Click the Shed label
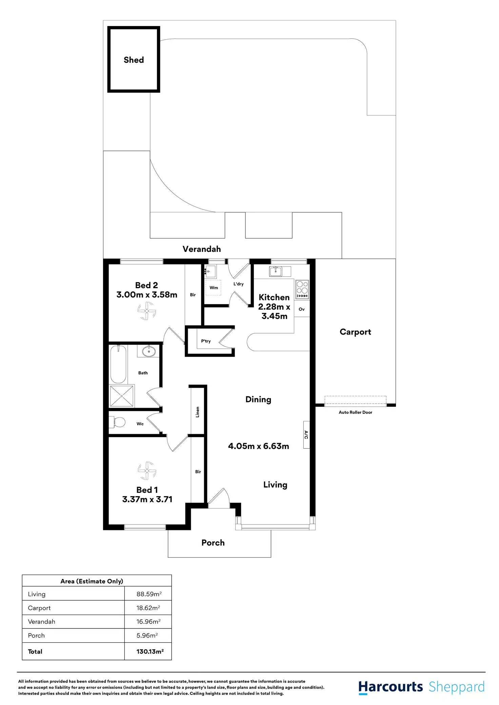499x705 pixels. point(134,60)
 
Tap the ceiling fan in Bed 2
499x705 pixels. point(147,311)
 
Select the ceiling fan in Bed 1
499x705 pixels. point(147,471)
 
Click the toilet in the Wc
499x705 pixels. point(117,422)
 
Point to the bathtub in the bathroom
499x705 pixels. point(118,364)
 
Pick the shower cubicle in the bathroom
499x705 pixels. point(122,396)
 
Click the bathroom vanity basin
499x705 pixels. point(148,351)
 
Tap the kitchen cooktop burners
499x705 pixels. point(302,289)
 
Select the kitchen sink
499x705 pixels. point(276,271)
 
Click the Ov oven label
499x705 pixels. point(302,309)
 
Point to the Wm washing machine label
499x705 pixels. point(214,288)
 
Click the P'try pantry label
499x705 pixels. point(206,341)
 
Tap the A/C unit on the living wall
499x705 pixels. point(306,435)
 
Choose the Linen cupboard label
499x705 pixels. point(198,412)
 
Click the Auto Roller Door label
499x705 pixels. point(355,412)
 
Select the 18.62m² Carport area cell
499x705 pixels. point(148,608)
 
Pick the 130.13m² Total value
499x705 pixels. point(150,651)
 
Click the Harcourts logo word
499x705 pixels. point(391,687)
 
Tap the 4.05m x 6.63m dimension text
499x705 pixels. point(258,446)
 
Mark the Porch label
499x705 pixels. point(213,543)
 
